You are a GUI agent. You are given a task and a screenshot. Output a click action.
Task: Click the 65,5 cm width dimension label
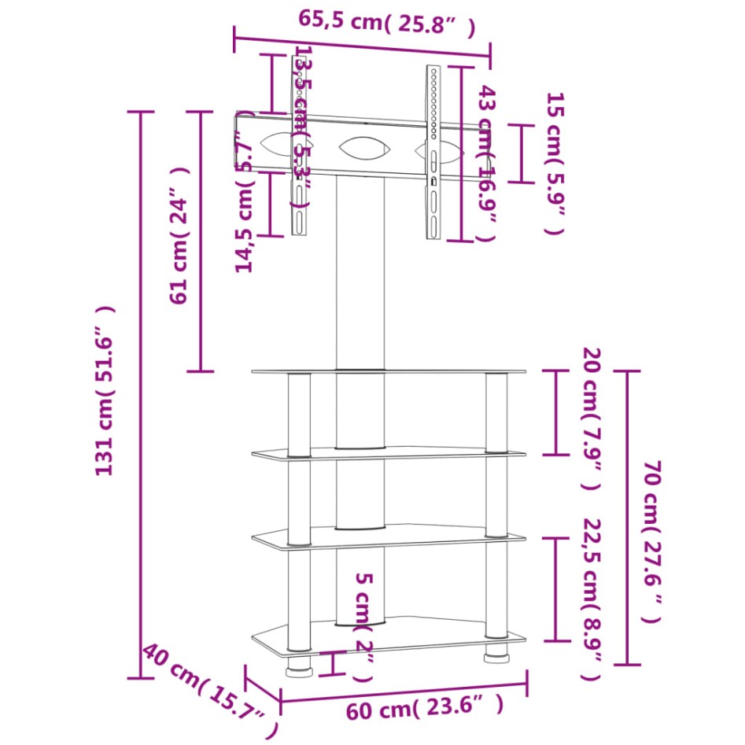point(386,24)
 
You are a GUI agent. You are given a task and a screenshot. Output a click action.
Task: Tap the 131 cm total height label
point(106,391)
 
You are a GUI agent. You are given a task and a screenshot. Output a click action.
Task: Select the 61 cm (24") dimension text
point(181,235)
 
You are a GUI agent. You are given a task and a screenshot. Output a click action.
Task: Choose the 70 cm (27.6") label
point(651,543)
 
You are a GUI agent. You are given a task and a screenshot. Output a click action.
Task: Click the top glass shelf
point(389,371)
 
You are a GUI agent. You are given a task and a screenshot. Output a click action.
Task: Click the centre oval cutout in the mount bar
point(365,147)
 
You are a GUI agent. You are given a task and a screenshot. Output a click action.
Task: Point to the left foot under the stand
point(299,666)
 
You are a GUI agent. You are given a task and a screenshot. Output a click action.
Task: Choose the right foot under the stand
point(496,654)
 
